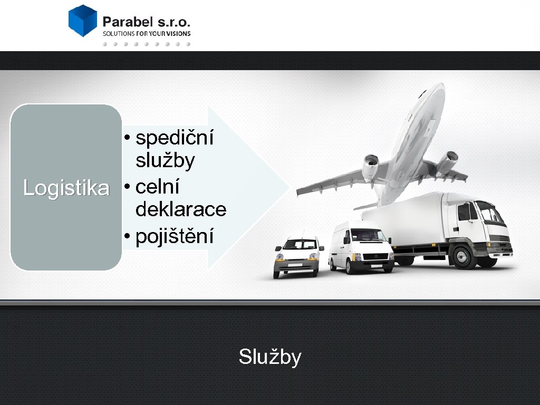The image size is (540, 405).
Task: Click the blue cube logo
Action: pos(83,21)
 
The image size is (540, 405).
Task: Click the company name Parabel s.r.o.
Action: pos(146,22)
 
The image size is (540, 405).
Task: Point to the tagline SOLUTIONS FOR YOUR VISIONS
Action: pos(146,33)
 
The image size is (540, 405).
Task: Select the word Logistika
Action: pos(66,188)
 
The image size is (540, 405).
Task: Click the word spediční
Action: pos(175,138)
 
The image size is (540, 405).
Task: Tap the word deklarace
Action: pos(181,210)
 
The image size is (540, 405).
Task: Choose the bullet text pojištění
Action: pos(175,237)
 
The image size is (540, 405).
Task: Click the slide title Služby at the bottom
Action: pos(270,357)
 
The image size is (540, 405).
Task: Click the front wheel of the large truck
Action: pos(464,257)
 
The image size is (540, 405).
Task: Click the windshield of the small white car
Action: pos(299,245)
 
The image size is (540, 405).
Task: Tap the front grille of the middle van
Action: pos(375,257)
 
